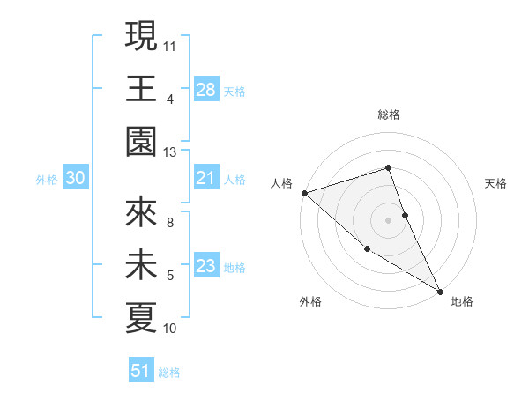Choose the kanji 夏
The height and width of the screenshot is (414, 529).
(x=141, y=318)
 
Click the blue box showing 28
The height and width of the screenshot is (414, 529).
(x=206, y=90)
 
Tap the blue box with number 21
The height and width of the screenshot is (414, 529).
(x=206, y=179)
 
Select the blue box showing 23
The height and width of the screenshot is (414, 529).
(x=206, y=267)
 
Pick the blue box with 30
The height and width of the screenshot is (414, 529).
(x=76, y=179)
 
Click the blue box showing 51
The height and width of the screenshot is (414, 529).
(x=141, y=371)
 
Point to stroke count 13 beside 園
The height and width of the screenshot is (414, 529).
(x=170, y=152)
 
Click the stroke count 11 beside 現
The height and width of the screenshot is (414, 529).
(x=170, y=44)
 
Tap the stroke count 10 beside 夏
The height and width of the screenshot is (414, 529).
(x=170, y=329)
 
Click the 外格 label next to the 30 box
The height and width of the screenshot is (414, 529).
(x=47, y=180)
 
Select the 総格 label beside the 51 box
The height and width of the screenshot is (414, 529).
(x=169, y=373)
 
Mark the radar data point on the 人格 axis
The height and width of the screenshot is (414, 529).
(x=303, y=192)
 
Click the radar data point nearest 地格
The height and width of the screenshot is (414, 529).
(x=440, y=291)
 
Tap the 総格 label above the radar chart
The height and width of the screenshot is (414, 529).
(x=388, y=115)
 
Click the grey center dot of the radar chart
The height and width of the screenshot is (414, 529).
(x=388, y=219)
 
